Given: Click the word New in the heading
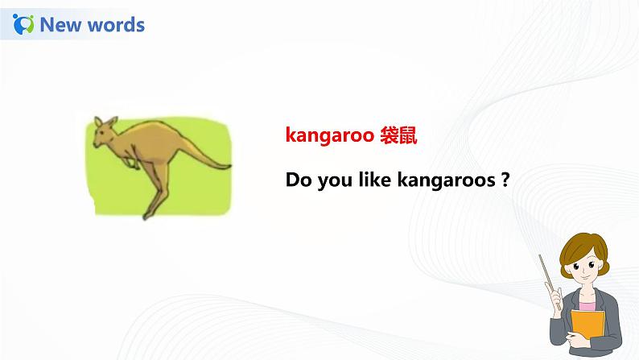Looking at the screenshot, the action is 60,24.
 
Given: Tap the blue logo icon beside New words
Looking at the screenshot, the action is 23,24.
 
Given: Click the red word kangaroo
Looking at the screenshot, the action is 330,135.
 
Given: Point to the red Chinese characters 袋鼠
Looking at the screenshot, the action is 398,135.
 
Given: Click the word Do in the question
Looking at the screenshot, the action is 299,180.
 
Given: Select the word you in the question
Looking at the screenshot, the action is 335,181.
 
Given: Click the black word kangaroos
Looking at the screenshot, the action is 446,180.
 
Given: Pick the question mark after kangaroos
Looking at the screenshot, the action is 505,180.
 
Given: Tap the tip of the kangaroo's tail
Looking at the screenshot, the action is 229,166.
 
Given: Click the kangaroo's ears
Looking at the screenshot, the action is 105,122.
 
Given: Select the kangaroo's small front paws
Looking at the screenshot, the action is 131,162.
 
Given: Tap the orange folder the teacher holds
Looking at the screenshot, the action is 587,324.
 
